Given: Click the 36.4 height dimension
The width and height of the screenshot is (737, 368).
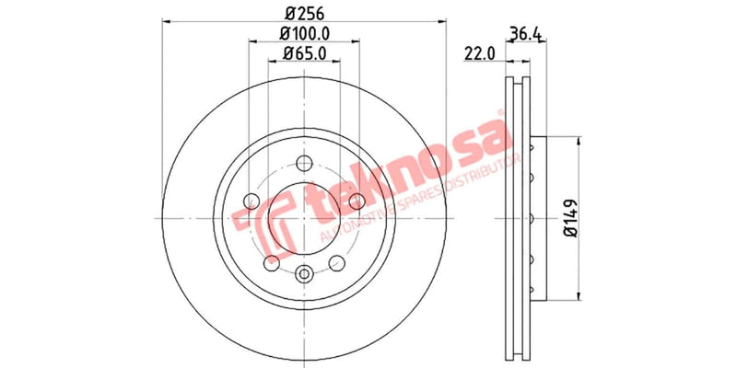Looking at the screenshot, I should tap(523, 35).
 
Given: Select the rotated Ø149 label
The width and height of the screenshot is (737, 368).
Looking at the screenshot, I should tap(572, 219).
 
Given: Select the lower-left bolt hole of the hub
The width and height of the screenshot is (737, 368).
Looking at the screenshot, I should tap(269, 264).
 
